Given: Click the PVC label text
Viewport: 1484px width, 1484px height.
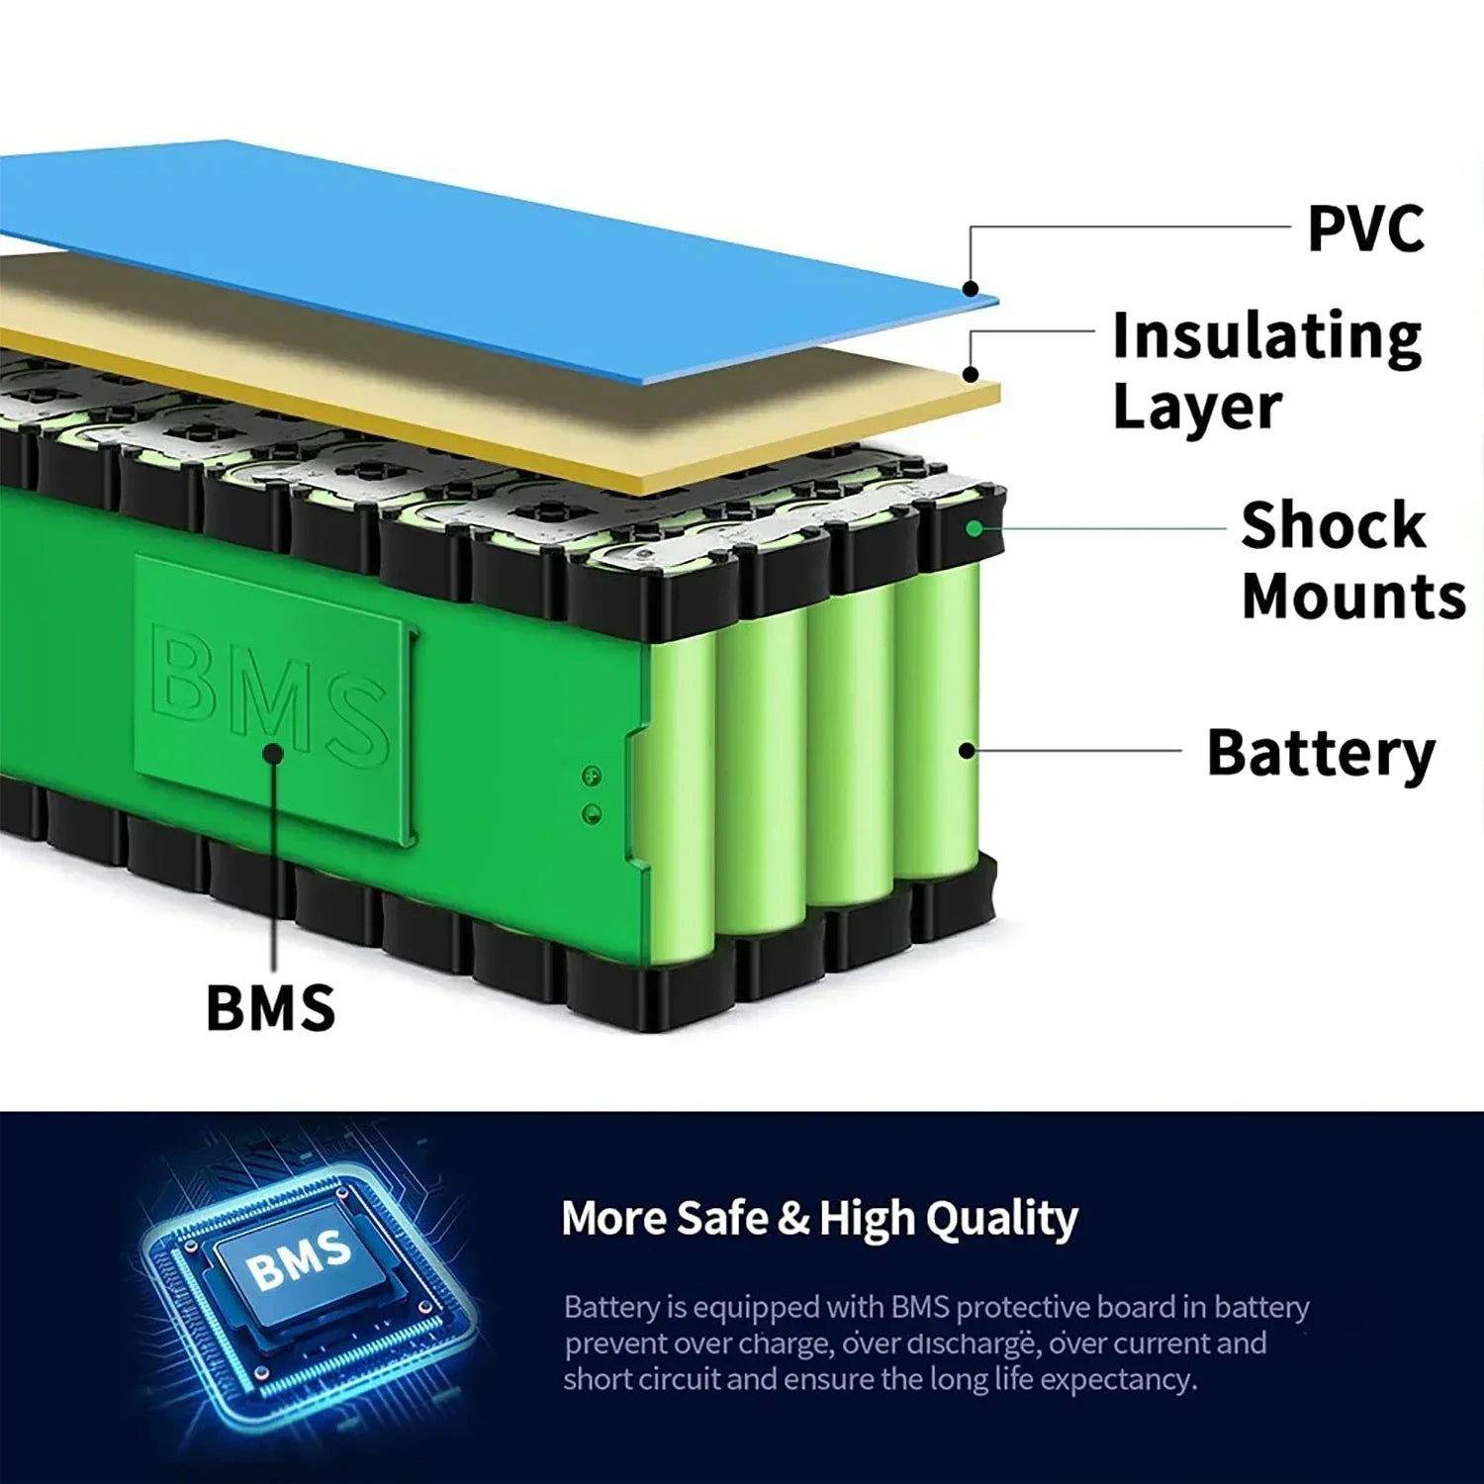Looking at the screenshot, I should click(1365, 229).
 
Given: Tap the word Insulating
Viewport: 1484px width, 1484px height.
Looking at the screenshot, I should click(1266, 337).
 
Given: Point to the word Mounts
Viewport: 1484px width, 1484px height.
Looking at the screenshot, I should click(1352, 597).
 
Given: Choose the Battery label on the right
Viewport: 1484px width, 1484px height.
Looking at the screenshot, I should click(1320, 754).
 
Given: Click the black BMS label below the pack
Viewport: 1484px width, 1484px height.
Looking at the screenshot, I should click(270, 1008).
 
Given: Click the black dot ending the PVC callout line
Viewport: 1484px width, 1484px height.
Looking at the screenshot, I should click(972, 290).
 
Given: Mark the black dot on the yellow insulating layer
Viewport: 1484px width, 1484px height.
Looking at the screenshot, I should click(972, 375).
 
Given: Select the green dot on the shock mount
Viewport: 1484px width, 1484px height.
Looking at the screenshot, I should click(974, 529).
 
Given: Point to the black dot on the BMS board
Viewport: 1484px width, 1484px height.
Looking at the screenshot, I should click(274, 755).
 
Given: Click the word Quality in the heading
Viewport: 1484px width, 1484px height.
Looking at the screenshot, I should click(1000, 1219).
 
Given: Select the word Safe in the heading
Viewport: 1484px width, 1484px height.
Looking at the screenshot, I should click(725, 1218).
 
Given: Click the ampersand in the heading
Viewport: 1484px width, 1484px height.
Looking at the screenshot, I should click(793, 1219).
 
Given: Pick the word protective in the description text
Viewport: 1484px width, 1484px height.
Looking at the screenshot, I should click(1022, 1308).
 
